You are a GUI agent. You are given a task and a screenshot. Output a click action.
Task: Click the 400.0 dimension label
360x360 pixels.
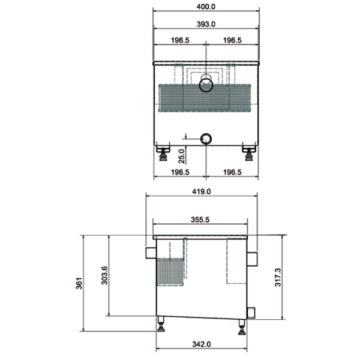pos(206,7)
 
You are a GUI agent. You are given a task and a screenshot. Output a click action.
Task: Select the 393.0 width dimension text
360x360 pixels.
pos(206,24)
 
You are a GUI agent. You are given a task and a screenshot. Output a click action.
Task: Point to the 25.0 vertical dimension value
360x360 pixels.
pos(182,156)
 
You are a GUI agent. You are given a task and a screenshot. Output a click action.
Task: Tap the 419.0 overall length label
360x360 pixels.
pos(202,191)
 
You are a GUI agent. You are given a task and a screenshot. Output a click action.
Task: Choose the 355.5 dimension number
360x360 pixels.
pos(200,220)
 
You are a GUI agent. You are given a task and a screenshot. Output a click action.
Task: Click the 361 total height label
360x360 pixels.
pos(79,283)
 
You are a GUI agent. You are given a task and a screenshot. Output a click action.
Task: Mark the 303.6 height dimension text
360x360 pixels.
pos(104,275)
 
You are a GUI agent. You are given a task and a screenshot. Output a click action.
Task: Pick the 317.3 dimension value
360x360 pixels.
pos(278,277)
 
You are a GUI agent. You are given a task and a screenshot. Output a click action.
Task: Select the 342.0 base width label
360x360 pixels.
pos(202,344)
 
